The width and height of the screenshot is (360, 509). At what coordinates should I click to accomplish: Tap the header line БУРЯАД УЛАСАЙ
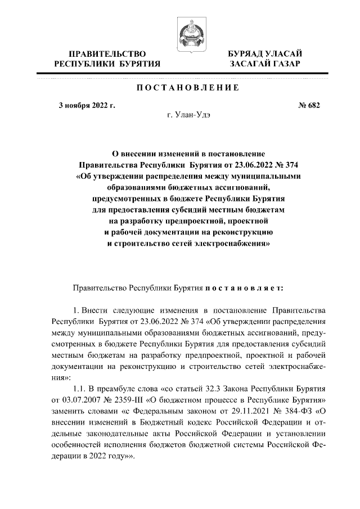[x=264, y=54]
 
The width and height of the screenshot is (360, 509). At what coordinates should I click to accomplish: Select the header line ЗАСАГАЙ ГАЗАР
[x=264, y=65]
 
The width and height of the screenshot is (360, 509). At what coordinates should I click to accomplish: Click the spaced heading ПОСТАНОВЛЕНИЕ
[x=188, y=88]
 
